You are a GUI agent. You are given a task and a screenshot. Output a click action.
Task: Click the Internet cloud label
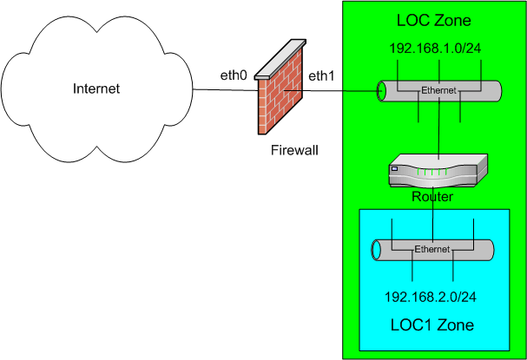point(96,88)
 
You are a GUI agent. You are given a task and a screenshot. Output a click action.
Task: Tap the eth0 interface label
point(234,76)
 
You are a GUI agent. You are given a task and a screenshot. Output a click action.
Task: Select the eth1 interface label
point(320,76)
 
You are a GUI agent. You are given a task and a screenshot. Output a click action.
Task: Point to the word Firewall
point(293,151)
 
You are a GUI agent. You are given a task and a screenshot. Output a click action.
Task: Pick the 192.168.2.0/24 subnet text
point(431,296)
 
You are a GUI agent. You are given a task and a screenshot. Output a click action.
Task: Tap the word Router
point(431,198)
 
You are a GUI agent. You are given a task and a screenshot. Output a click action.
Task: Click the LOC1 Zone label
point(431,325)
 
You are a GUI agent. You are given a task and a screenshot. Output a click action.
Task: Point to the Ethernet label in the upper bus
point(438,90)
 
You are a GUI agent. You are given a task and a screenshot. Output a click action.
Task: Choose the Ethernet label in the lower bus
point(432,250)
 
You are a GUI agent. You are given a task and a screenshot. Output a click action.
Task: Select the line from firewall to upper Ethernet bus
point(339,89)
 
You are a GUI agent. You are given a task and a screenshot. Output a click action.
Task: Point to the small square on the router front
point(395,170)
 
